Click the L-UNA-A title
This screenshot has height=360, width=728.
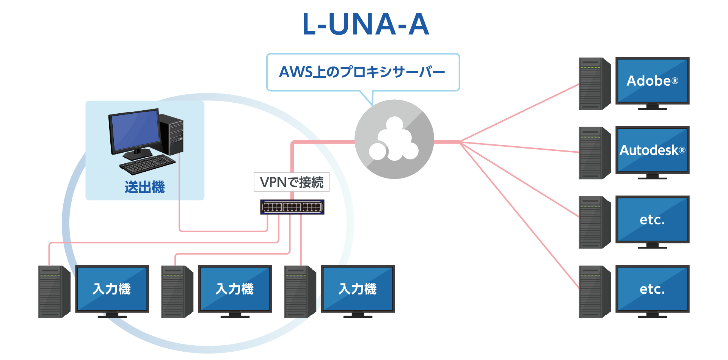pyautogui.click(x=366, y=24)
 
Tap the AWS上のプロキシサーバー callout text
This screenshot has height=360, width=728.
pyautogui.click(x=362, y=72)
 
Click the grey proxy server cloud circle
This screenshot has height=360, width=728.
pyautogui.click(x=394, y=139)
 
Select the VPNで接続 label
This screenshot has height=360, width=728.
pyautogui.click(x=292, y=182)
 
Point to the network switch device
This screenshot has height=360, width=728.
pyautogui.click(x=292, y=207)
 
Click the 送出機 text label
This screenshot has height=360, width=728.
pyautogui.click(x=144, y=187)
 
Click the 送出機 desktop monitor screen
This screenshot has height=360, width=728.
pyautogui.click(x=135, y=131)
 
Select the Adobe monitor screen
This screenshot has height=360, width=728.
pyautogui.click(x=652, y=80)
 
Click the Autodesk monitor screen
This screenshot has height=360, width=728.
pyautogui.click(x=652, y=150)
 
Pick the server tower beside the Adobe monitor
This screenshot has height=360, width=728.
pyautogui.click(x=594, y=83)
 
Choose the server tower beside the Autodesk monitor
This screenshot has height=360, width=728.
pyautogui.click(x=594, y=153)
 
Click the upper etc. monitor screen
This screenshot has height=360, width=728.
pyautogui.click(x=652, y=219)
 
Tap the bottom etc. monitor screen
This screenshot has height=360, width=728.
pyautogui.click(x=652, y=288)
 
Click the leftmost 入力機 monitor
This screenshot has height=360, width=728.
pyautogui.click(x=112, y=289)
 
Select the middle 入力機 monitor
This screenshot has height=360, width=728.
pyautogui.click(x=235, y=289)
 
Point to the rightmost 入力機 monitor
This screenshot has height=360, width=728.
pyautogui.click(x=358, y=289)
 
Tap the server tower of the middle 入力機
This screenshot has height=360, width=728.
pyautogui.click(x=177, y=291)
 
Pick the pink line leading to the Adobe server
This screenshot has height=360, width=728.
pyautogui.click(x=519, y=113)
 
